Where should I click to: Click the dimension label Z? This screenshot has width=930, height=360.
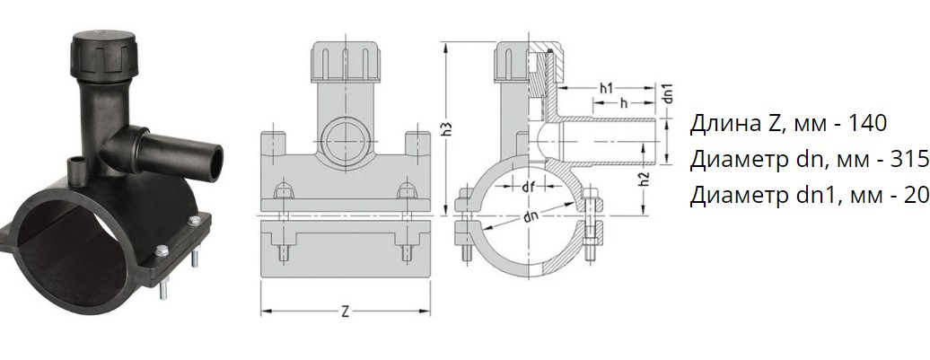click(x=346, y=312)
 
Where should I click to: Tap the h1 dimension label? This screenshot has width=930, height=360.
click(x=606, y=89)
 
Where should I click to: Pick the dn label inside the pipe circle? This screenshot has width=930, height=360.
click(x=531, y=216)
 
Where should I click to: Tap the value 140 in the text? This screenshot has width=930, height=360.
click(x=866, y=123)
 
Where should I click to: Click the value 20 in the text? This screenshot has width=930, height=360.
click(x=917, y=195)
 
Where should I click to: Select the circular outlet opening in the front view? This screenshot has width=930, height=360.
click(x=345, y=139)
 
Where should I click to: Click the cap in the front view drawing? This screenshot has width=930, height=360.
click(x=345, y=63)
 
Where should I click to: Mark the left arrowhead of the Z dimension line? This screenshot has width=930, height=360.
click(x=265, y=312)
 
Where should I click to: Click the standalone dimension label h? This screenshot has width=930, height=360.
click(x=623, y=103)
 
